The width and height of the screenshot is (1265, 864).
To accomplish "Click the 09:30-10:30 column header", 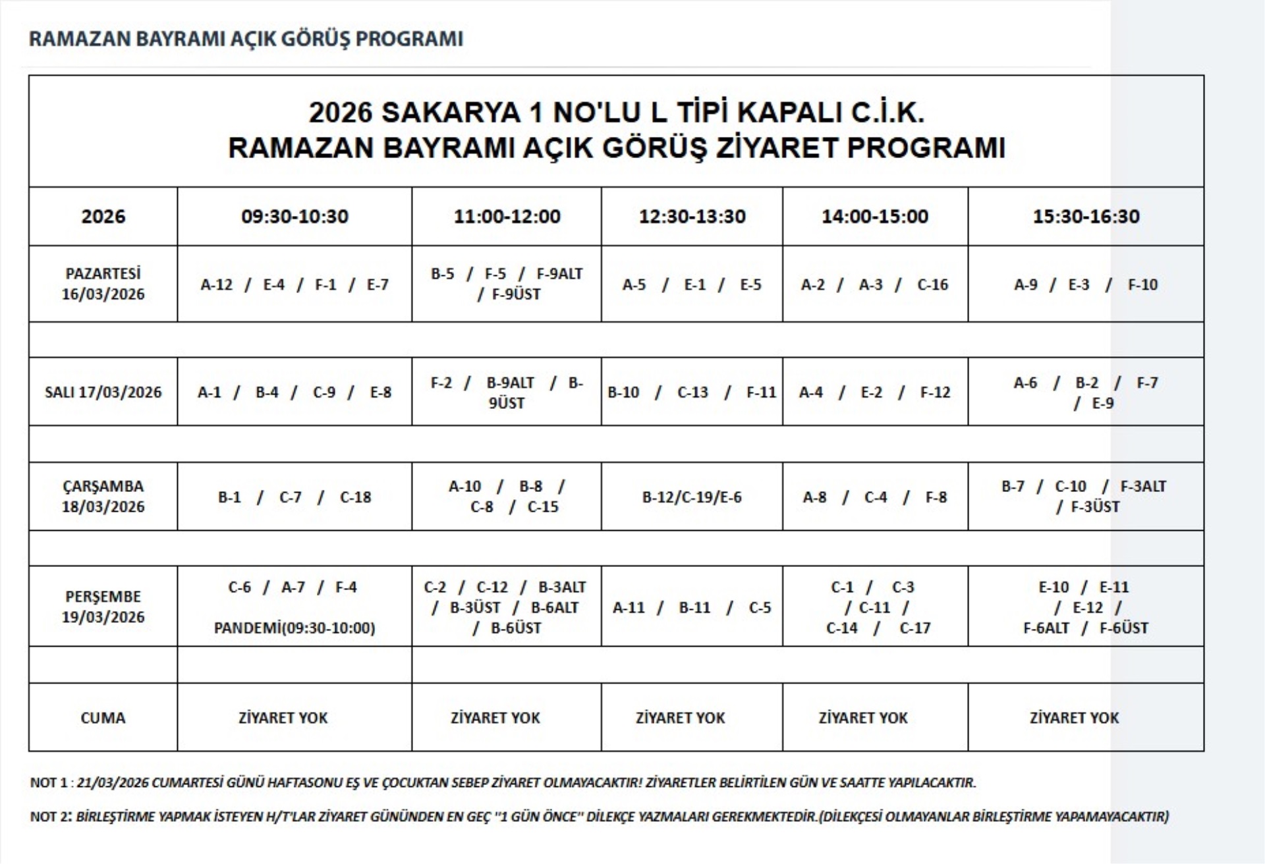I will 295,217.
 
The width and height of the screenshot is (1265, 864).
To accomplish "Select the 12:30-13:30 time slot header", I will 692,217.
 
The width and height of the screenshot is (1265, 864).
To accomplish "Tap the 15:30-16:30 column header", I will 1086,217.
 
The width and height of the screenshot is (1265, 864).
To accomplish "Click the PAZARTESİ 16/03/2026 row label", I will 103,284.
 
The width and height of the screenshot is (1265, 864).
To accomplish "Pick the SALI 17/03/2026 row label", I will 103,392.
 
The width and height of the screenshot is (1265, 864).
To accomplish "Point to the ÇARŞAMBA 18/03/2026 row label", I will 103,497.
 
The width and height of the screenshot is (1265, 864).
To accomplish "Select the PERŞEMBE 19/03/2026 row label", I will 103,607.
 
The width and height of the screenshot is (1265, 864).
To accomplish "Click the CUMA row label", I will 103,718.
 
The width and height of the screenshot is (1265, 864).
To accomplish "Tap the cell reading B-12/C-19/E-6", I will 692,497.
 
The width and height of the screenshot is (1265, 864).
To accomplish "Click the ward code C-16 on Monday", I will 932,284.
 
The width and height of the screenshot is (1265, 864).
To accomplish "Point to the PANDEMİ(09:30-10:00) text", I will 295,628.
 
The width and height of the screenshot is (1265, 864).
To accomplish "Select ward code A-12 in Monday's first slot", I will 217,284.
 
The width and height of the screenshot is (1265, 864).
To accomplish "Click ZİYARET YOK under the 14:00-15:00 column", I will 863,718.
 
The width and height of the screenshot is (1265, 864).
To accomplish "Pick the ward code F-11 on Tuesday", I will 761,392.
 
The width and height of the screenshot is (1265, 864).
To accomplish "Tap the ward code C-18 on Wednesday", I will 356,497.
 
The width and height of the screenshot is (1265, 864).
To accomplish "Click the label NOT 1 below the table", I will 48,783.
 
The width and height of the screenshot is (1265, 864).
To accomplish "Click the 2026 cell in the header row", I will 103,217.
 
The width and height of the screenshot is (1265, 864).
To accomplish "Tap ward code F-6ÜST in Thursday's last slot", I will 1123,628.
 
